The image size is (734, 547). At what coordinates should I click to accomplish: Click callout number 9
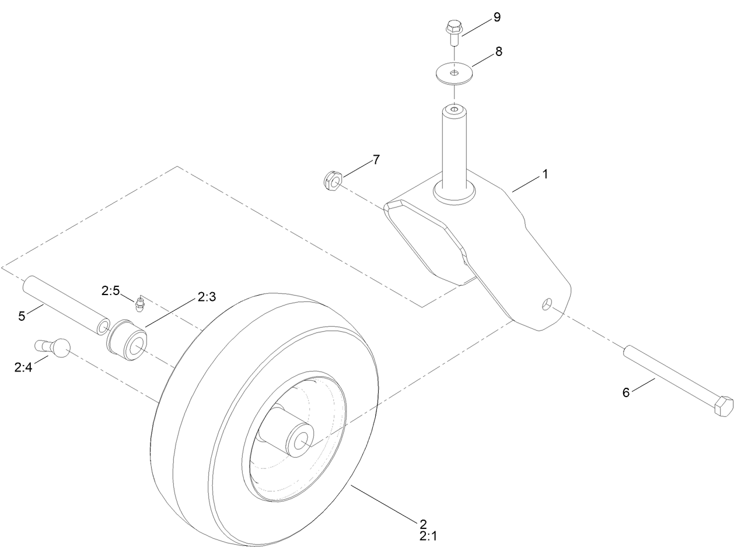click(x=497, y=17)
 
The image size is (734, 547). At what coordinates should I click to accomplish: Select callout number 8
click(x=499, y=51)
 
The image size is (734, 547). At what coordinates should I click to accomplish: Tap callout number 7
click(x=376, y=159)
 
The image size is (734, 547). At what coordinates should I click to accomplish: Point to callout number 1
click(x=546, y=174)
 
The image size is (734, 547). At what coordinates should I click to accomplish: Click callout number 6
click(x=626, y=392)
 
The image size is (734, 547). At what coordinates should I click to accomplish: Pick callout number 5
click(x=22, y=316)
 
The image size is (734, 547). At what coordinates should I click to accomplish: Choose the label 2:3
click(x=207, y=297)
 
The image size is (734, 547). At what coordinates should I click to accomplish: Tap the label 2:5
click(x=110, y=290)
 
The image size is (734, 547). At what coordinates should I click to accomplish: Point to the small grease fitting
click(x=139, y=304)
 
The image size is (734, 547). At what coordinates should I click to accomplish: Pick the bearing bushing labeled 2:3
click(x=126, y=341)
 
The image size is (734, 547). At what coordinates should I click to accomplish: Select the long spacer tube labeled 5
click(x=65, y=306)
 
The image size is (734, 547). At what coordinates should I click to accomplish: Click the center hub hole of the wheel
click(x=301, y=441)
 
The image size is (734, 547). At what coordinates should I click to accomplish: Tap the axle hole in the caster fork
click(x=547, y=303)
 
